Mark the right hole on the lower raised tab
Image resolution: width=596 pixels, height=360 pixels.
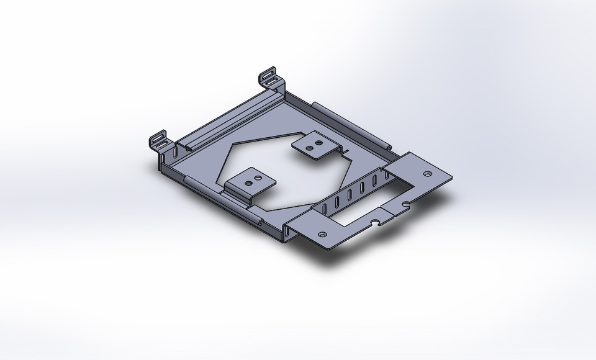tap(256, 178)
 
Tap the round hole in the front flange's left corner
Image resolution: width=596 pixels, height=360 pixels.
tap(322, 235)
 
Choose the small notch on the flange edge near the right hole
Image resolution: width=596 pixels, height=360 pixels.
tap(405, 204)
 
